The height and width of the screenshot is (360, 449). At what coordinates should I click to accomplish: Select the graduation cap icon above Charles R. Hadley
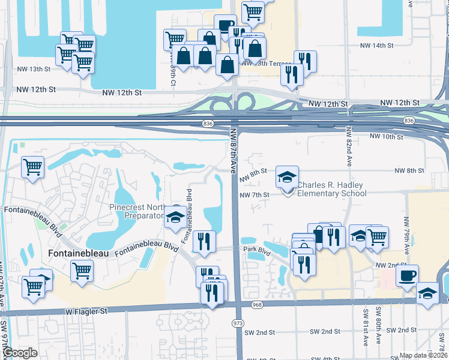(287, 176)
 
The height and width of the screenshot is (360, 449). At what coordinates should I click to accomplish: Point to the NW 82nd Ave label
(348, 147)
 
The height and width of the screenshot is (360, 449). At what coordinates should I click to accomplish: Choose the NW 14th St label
(376, 46)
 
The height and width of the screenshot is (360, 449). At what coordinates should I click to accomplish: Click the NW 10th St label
(386, 137)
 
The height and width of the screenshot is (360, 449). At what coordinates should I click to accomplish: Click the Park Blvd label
(255, 248)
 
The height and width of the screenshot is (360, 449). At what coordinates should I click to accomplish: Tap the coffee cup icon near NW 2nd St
(408, 275)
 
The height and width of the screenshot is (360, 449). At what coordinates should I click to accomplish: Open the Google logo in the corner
(20, 353)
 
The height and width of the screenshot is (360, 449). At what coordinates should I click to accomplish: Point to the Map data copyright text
(424, 355)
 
